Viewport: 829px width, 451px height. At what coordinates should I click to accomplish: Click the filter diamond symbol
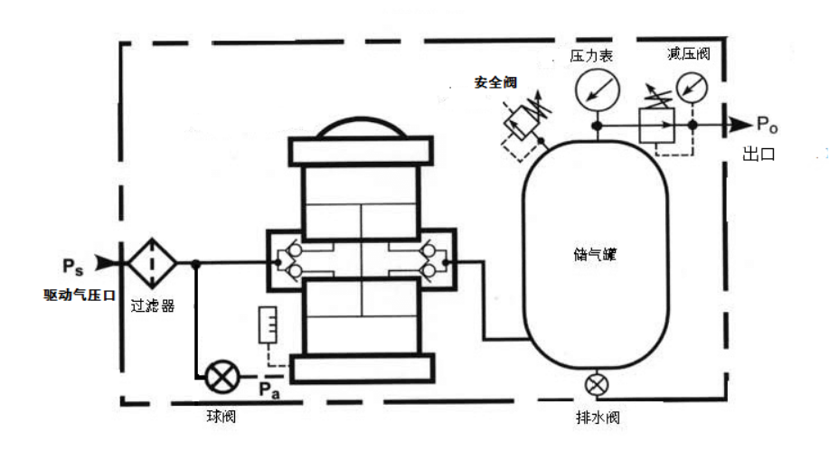pyautogui.click(x=152, y=263)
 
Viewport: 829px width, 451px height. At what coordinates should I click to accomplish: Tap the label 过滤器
pyautogui.click(x=153, y=305)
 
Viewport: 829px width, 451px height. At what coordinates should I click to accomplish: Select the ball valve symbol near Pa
pyautogui.click(x=222, y=377)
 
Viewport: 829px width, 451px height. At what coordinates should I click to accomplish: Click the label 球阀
pyautogui.click(x=221, y=416)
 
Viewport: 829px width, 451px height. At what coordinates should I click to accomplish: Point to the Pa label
pyautogui.click(x=269, y=390)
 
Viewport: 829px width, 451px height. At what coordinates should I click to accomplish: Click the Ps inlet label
pyautogui.click(x=73, y=266)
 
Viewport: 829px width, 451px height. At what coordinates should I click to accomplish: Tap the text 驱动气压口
pyautogui.click(x=80, y=295)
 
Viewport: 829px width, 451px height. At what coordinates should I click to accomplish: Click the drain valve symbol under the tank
pyautogui.click(x=597, y=384)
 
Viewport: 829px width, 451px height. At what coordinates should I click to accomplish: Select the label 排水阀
pyautogui.click(x=598, y=418)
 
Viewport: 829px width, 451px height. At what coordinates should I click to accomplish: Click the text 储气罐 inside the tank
pyautogui.click(x=596, y=254)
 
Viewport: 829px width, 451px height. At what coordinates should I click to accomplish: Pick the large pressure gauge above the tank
pyautogui.click(x=598, y=89)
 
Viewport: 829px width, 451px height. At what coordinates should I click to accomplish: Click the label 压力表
pyautogui.click(x=591, y=55)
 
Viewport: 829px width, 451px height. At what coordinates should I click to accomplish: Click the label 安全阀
pyautogui.click(x=495, y=82)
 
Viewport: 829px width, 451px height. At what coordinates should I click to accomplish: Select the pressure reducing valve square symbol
pyautogui.click(x=656, y=126)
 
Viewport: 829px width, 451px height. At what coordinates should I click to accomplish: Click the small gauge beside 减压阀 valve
pyautogui.click(x=692, y=88)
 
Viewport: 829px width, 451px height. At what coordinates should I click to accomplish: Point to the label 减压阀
pyautogui.click(x=688, y=53)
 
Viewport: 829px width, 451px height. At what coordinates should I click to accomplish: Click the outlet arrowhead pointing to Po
pyautogui.click(x=740, y=125)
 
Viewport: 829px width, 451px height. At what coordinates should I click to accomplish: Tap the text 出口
pyautogui.click(x=758, y=154)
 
